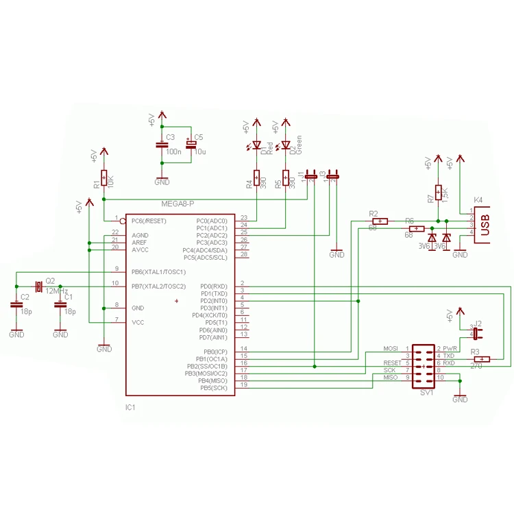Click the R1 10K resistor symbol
[103, 179]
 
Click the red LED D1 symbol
[256, 145]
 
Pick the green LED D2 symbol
[286, 145]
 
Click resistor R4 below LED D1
[256, 182]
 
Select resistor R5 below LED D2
[286, 182]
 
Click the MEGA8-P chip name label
[178, 204]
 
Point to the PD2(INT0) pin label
[214, 301]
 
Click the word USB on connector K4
[485, 226]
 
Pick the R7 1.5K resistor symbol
[438, 193]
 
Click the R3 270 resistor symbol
[482, 359]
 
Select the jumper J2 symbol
[476, 334]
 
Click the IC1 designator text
[130, 407]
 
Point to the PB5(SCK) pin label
[214, 388]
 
